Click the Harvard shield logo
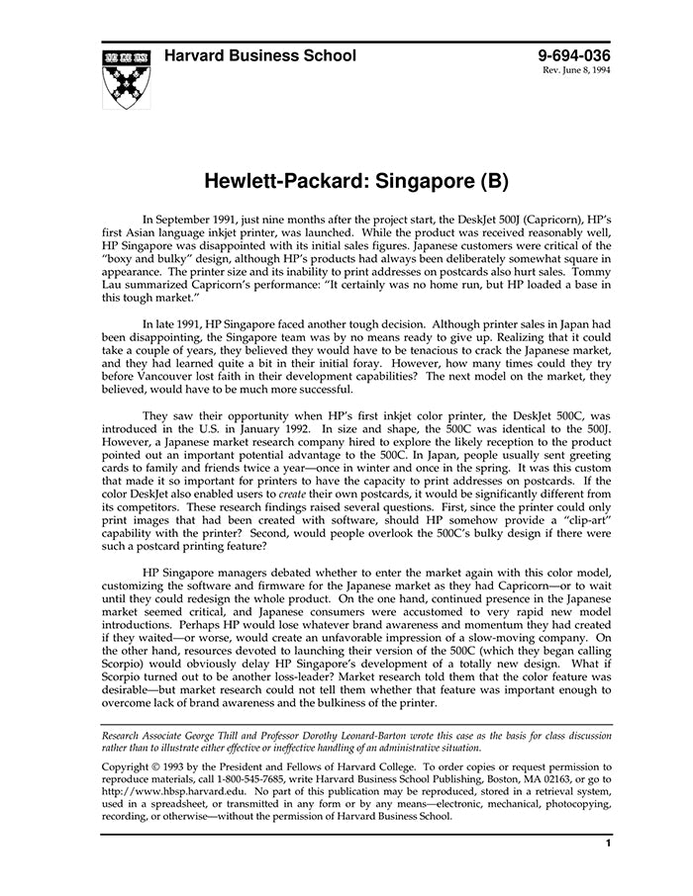pos(127,77)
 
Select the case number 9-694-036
pos(574,56)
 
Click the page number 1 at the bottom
pos(608,844)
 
